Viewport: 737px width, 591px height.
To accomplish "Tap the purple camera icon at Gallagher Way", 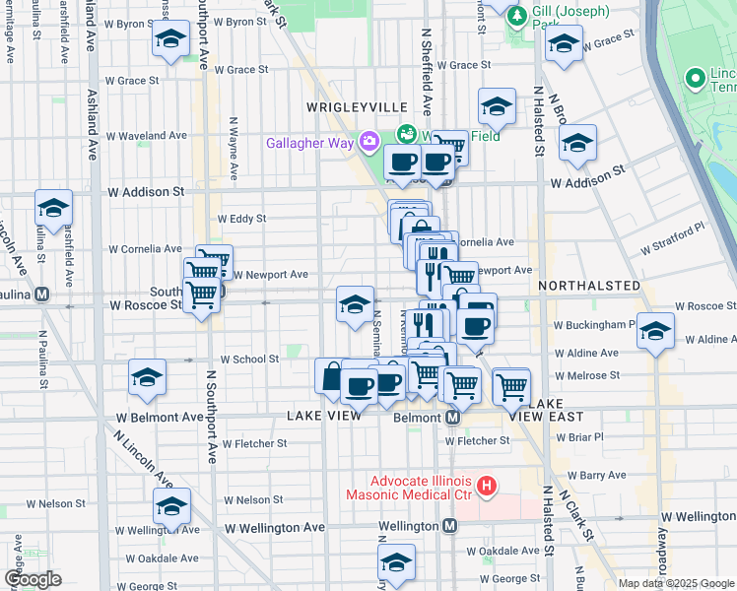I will point(369,142).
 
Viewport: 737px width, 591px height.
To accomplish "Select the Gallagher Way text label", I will point(309,143).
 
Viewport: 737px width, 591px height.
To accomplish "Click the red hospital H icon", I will point(485,485).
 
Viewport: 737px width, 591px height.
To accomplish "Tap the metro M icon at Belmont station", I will point(452,418).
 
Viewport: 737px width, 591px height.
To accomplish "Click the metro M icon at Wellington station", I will point(449,527).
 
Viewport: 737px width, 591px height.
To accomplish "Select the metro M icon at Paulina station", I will point(42,294).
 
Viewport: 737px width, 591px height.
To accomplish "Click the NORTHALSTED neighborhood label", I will point(589,286).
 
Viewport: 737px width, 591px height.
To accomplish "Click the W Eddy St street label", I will point(242,219).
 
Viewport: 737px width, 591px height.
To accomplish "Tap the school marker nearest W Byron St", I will point(170,39).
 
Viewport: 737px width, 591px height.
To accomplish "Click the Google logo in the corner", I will point(33,578).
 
